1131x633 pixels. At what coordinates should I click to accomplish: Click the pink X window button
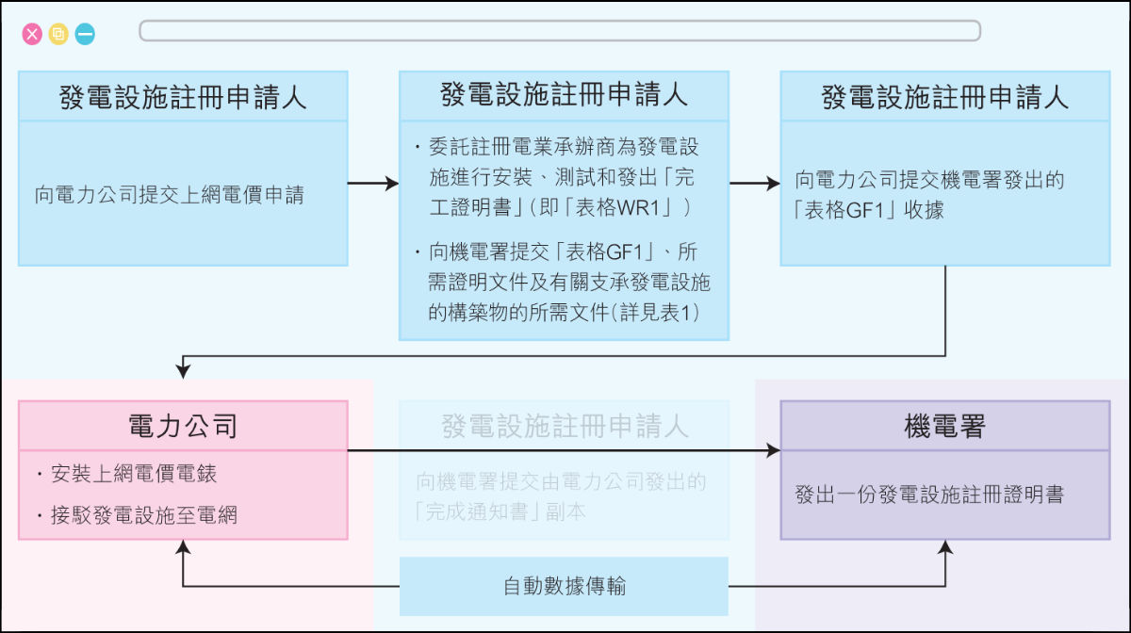click(33, 35)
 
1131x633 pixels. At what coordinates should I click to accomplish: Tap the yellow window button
click(58, 35)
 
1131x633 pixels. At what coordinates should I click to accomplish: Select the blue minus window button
click(85, 35)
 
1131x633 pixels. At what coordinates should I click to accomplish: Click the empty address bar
click(560, 31)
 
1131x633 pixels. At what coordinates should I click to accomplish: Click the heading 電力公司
click(183, 427)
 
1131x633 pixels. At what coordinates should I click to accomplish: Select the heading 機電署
click(944, 427)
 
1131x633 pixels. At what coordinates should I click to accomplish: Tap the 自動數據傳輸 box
click(564, 586)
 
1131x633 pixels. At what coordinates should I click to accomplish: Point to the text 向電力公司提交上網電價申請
click(170, 197)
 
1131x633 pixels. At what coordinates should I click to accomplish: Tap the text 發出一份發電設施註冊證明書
click(929, 494)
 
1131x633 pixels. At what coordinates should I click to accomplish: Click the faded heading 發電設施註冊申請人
click(564, 427)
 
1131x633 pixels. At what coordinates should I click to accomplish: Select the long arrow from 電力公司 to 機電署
click(564, 452)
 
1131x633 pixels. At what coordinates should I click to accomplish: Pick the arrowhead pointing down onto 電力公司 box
click(183, 371)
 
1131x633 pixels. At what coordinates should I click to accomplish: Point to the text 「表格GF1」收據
click(869, 210)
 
